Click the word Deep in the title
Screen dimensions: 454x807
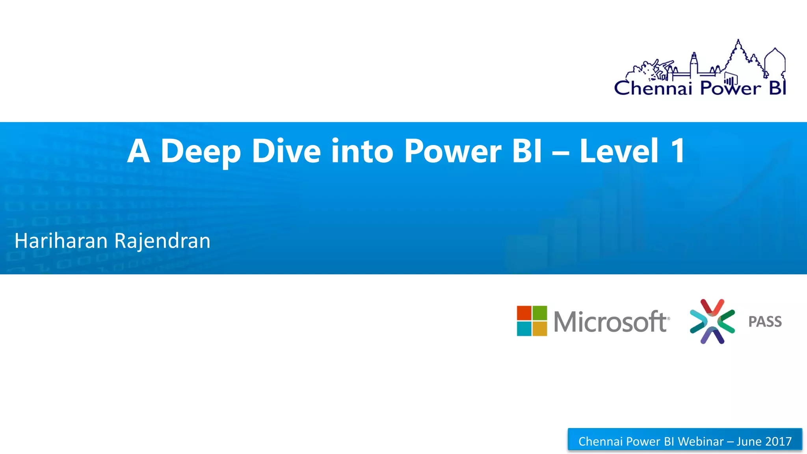(x=201, y=152)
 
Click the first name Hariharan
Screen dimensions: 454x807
(x=61, y=241)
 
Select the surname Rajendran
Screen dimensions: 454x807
(x=162, y=241)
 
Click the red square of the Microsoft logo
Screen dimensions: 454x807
(x=524, y=313)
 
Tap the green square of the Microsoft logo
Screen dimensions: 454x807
(x=540, y=313)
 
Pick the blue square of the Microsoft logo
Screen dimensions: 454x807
(x=524, y=329)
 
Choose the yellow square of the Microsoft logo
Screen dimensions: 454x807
(x=540, y=329)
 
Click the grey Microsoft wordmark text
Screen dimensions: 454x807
(x=611, y=322)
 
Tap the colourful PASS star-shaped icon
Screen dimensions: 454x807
(x=712, y=321)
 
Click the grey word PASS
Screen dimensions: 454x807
(x=765, y=322)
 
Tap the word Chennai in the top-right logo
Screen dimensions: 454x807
(x=653, y=88)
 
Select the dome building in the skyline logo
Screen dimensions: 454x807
(x=775, y=61)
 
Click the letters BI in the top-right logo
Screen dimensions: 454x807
(x=778, y=88)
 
